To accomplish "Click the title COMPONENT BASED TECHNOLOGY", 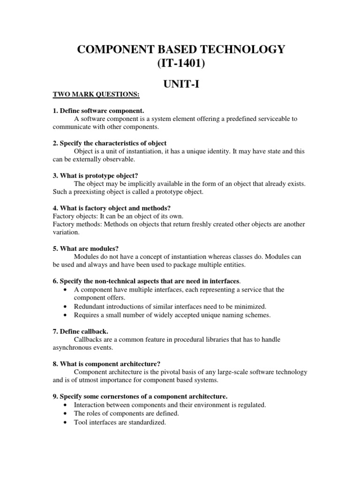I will (180, 50).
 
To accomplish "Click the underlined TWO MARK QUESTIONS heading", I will (96, 95).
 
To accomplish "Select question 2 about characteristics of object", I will (110, 143).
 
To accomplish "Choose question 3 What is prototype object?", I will (95, 175).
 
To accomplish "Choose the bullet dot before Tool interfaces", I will (64, 422).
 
